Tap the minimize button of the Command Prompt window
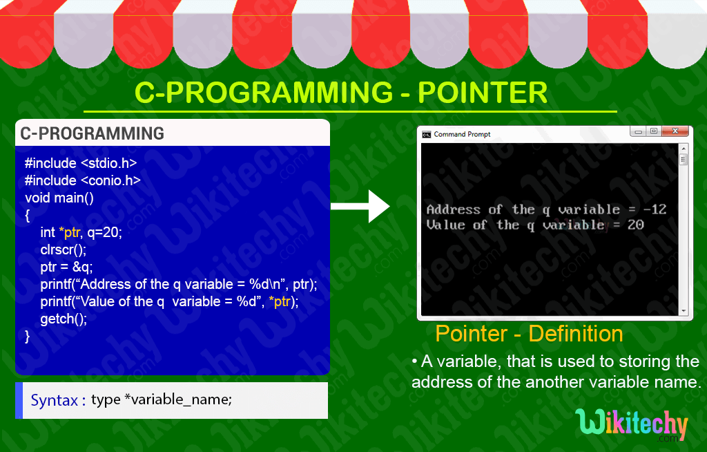pos(639,131)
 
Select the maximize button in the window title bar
pos(654,131)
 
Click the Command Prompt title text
pos(462,134)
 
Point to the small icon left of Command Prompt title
pos(427,134)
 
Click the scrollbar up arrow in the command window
pos(684,148)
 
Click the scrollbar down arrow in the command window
pos(684,311)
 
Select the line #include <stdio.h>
pos(81,164)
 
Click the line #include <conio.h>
pos(82,180)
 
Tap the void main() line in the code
pos(59,198)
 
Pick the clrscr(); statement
pos(64,250)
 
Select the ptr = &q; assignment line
pos(66,267)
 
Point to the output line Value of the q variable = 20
pos(534,225)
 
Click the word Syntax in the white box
pos(54,400)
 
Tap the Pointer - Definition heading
pos(529,334)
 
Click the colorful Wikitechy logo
pos(631,425)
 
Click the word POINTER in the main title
pos(483,93)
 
